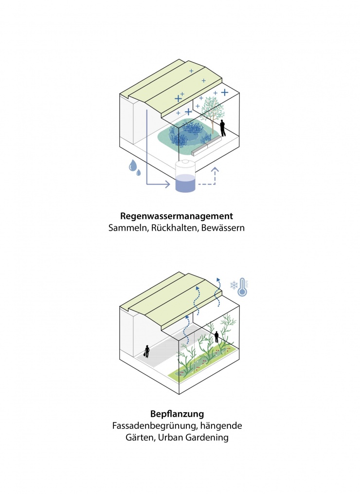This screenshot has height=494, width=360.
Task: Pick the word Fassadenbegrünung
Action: pyautogui.click(x=156, y=426)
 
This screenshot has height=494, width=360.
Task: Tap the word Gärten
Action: pyautogui.click(x=139, y=438)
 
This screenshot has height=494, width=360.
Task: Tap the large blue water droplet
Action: pyautogui.click(x=132, y=166)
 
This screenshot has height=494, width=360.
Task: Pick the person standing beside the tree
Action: pyautogui.click(x=223, y=128)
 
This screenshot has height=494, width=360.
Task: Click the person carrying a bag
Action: pyautogui.click(x=146, y=351)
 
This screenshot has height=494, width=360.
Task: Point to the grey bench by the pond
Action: pyautogui.click(x=207, y=145)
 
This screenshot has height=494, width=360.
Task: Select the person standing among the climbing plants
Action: pyautogui.click(x=216, y=337)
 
